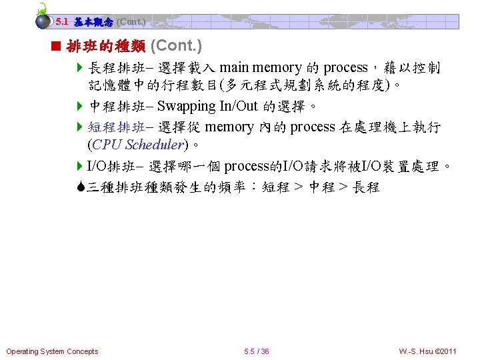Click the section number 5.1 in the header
click(x=63, y=21)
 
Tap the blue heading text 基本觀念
click(x=93, y=21)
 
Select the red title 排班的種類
click(x=107, y=47)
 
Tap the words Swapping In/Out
click(x=209, y=107)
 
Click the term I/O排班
click(x=110, y=165)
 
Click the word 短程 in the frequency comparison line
click(x=275, y=187)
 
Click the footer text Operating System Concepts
click(x=52, y=351)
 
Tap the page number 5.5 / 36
click(x=257, y=351)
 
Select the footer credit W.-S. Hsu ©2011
click(x=428, y=351)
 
